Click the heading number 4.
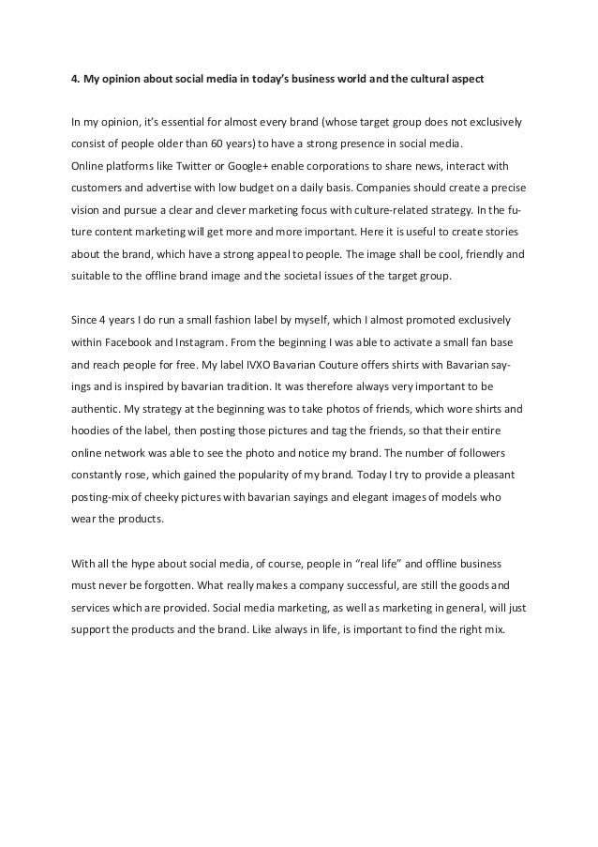(x=75, y=78)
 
